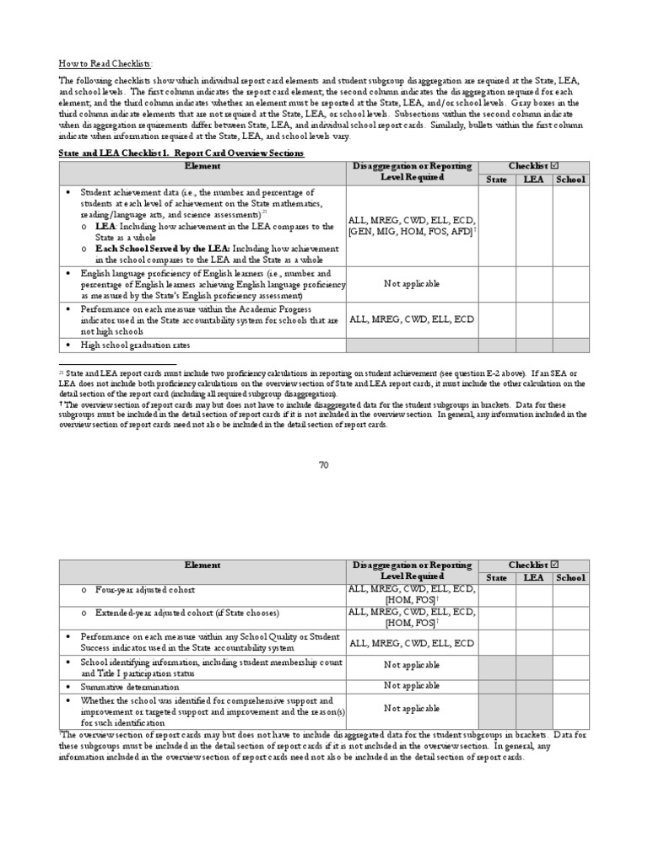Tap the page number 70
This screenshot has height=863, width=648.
[323, 465]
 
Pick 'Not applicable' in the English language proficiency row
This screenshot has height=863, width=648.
[412, 284]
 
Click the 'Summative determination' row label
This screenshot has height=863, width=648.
[130, 687]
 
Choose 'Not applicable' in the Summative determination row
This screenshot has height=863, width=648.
[412, 687]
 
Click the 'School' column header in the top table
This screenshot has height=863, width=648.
[570, 180]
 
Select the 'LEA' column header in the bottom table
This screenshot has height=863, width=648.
[533, 577]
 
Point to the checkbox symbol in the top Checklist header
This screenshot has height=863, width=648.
[553, 167]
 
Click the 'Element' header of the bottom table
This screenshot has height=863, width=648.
[202, 565]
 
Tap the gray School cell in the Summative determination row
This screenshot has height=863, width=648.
[570, 687]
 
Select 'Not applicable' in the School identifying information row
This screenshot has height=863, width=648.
[412, 666]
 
